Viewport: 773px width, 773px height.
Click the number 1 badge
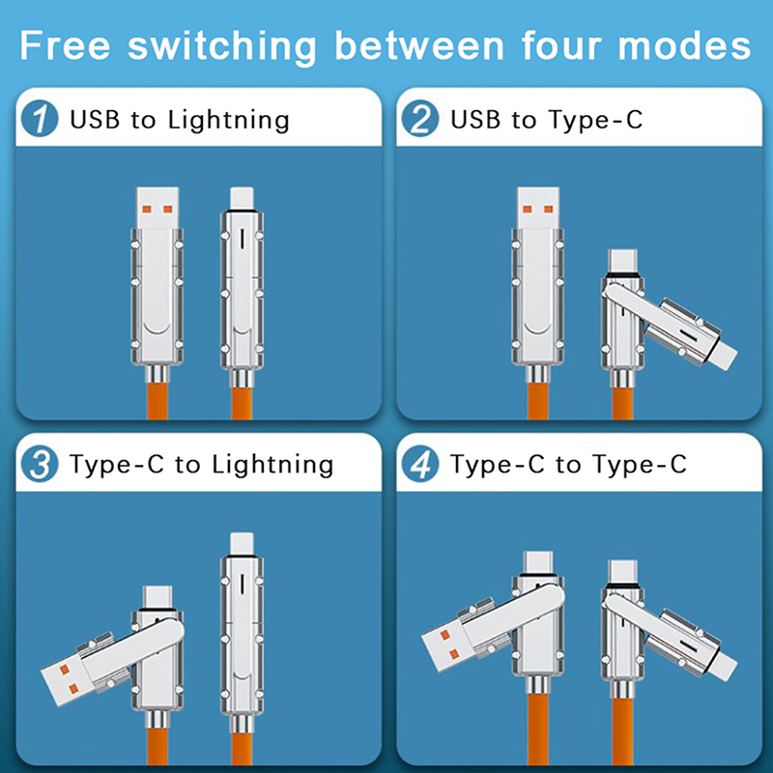click(40, 120)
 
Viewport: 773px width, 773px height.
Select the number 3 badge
click(40, 465)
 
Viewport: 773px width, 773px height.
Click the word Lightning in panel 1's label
click(228, 120)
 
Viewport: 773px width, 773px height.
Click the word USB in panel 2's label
click(475, 120)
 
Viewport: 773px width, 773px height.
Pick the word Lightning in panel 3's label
click(272, 465)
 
